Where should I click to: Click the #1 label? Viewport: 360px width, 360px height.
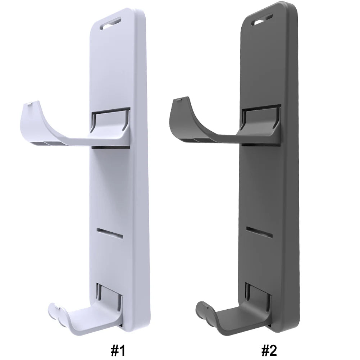click(x=118, y=351)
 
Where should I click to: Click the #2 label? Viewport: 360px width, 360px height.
click(x=269, y=351)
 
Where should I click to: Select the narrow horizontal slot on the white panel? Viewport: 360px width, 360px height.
click(x=110, y=233)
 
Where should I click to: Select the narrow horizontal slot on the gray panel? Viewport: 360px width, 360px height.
click(x=259, y=232)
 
